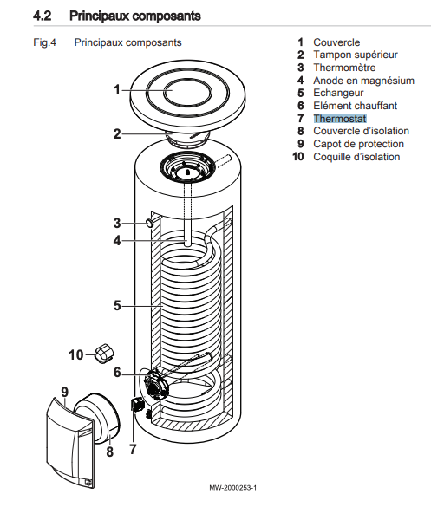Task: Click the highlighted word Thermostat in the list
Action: click(x=340, y=119)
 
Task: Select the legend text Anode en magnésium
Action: click(x=363, y=81)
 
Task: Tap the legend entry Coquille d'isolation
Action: click(x=356, y=157)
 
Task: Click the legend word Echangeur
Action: click(x=338, y=93)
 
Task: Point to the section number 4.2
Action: click(x=42, y=16)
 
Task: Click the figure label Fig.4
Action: click(x=44, y=42)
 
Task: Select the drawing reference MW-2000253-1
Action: click(x=233, y=488)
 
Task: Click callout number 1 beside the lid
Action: click(x=117, y=90)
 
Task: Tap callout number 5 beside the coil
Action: click(x=117, y=306)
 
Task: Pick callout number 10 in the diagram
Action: click(x=76, y=355)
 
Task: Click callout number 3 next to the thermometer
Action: click(x=117, y=223)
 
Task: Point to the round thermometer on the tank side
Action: click(x=149, y=223)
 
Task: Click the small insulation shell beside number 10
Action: click(x=103, y=353)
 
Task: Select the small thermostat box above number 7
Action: click(x=136, y=404)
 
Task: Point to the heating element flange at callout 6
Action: click(x=157, y=384)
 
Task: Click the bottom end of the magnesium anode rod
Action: click(x=187, y=246)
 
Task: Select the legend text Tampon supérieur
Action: click(x=356, y=55)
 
